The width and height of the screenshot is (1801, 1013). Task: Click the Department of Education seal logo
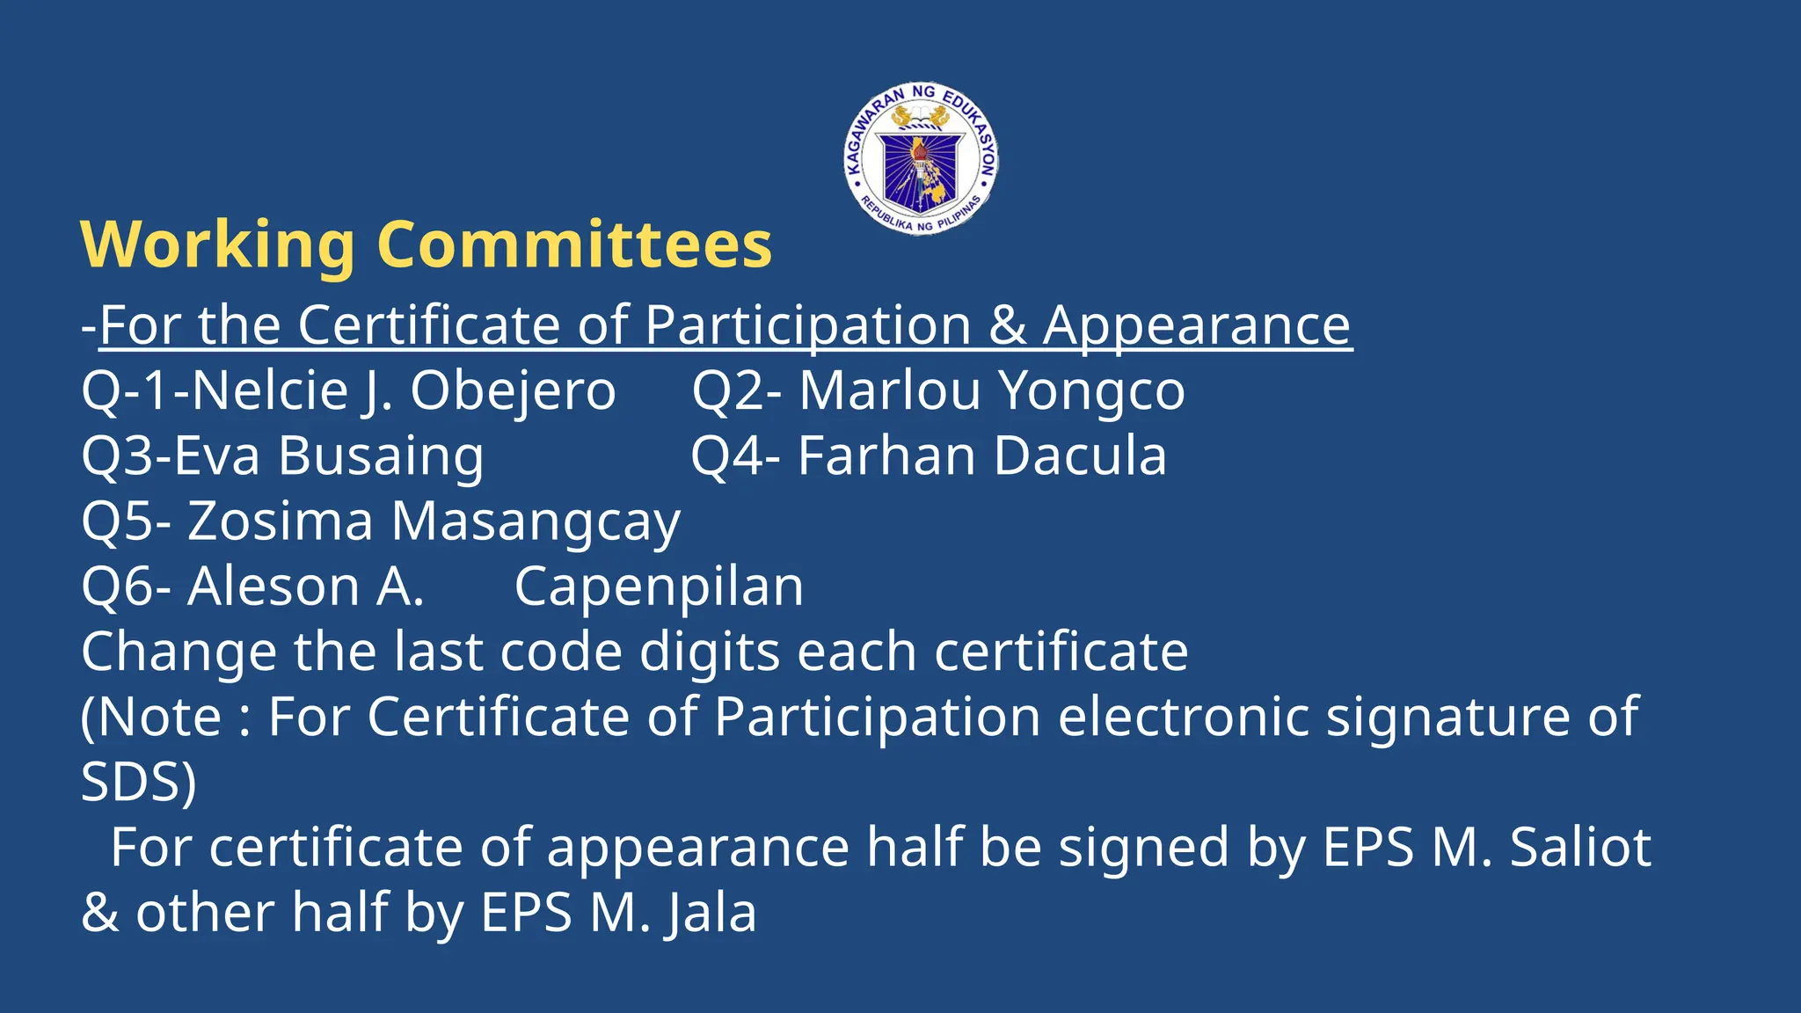[x=921, y=159]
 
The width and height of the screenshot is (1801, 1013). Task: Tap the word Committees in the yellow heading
[x=574, y=244]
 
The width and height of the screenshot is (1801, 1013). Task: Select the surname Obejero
[x=513, y=390]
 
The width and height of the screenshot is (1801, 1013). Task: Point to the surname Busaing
[x=381, y=456]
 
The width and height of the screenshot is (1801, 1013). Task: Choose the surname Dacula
[x=1081, y=455]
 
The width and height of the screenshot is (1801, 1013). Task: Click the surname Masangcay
[x=536, y=521]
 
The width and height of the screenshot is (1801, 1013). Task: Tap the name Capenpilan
[x=659, y=587]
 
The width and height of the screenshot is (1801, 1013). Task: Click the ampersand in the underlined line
[x=1008, y=325]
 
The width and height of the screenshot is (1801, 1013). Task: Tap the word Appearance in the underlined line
[x=1197, y=325]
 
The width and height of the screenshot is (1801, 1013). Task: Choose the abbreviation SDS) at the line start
[x=139, y=782]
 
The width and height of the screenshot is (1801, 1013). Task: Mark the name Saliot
[x=1580, y=848]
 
